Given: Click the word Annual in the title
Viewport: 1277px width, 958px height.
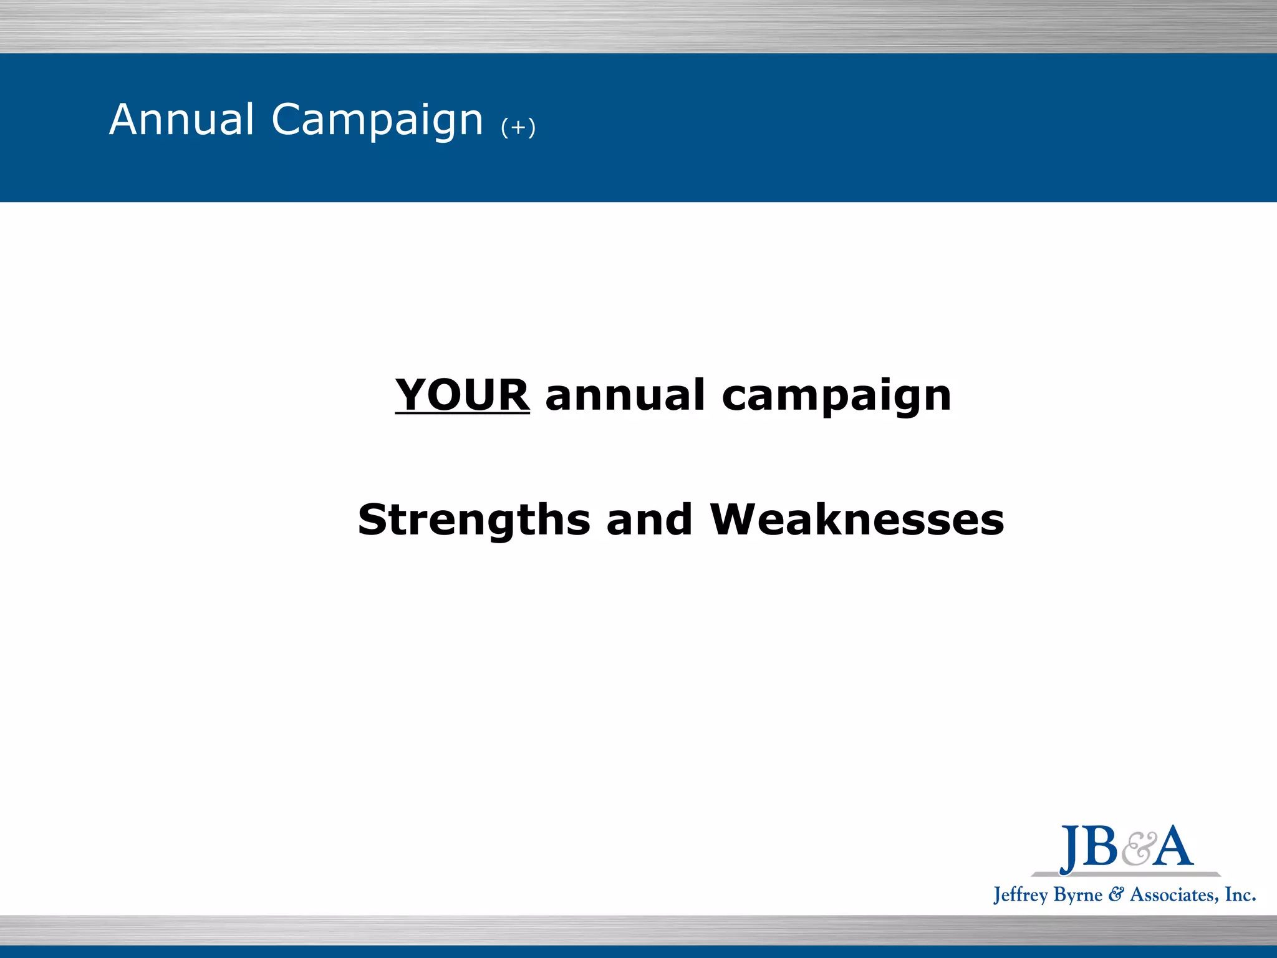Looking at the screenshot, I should tap(181, 119).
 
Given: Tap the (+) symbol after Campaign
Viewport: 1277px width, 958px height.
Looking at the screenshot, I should tap(518, 128).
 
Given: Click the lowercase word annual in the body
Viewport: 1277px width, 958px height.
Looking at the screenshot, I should tap(625, 395).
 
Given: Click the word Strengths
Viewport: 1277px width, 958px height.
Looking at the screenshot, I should tap(474, 520).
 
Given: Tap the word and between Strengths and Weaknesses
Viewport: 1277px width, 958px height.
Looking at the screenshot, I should tap(649, 520).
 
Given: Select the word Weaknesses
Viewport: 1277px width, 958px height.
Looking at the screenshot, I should tap(857, 520).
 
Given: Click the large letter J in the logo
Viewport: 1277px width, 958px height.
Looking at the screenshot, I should tap(1071, 848).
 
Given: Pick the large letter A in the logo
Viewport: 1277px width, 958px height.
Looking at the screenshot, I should tap(1172, 846).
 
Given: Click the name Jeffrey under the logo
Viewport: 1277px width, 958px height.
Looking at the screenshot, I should tap(1020, 896).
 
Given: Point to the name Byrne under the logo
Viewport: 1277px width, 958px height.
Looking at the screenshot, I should tap(1078, 896).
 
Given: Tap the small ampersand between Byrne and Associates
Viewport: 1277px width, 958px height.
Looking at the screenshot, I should tap(1116, 895).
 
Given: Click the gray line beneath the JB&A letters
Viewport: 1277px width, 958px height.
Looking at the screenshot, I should tap(1126, 874).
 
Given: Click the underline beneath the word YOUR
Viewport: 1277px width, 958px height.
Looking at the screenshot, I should tap(462, 412).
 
